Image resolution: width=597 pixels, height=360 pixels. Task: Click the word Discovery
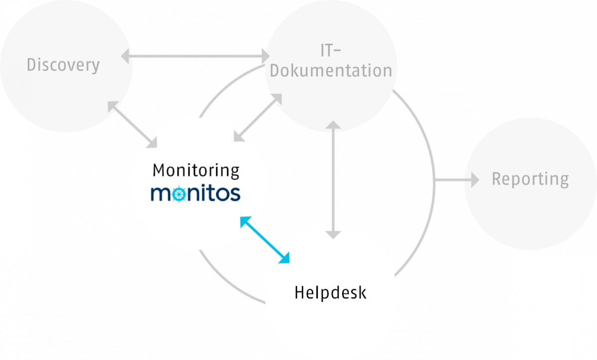tap(63, 65)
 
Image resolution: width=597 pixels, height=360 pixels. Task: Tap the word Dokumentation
tap(331, 71)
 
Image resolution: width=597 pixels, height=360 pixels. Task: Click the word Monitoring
tap(196, 171)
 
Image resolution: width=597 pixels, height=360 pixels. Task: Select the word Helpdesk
tap(330, 292)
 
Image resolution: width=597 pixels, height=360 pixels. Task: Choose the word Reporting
tap(530, 179)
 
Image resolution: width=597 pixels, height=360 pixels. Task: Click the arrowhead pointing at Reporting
tap(474, 180)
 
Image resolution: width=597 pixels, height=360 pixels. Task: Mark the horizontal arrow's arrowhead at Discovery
tap(126, 56)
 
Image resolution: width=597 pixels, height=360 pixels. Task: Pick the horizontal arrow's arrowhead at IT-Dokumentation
tap(263, 56)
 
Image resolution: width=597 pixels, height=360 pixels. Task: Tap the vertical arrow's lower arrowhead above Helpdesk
tap(333, 234)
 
